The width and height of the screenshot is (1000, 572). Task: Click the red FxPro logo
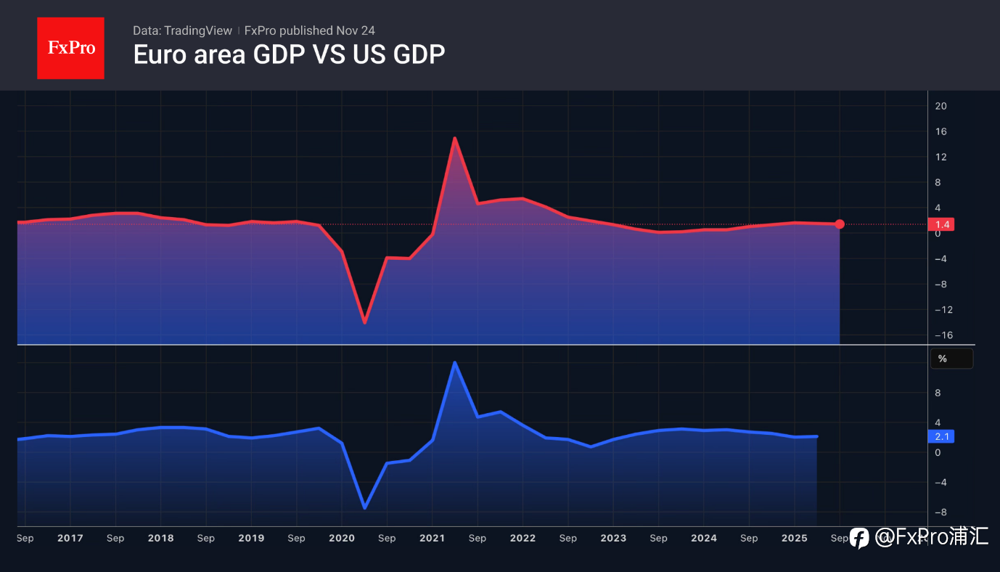tap(70, 48)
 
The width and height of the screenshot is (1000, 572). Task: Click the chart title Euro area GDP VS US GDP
tap(289, 54)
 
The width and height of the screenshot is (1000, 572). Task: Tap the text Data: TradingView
tap(182, 30)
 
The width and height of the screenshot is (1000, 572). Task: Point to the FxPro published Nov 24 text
tap(310, 30)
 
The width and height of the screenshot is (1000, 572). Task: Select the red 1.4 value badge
tap(942, 224)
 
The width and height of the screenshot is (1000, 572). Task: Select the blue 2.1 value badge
tap(942, 436)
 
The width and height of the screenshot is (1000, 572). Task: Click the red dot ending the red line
tap(840, 224)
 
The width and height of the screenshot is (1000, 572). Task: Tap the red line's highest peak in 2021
tap(454, 138)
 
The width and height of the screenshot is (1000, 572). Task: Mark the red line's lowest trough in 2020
tap(364, 322)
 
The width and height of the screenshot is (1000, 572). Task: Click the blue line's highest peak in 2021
tap(454, 362)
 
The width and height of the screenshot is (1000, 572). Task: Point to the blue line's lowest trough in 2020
tap(364, 507)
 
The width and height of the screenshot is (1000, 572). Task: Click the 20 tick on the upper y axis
tap(941, 106)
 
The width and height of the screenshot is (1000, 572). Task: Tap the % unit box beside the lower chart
tap(951, 359)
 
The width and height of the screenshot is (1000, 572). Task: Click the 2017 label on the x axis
tap(70, 538)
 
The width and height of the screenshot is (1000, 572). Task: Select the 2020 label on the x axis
tap(342, 538)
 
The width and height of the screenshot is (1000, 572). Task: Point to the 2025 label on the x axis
tap(795, 538)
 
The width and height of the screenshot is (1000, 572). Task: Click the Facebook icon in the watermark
tap(859, 537)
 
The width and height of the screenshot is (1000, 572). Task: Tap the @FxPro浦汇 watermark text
tap(931, 537)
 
